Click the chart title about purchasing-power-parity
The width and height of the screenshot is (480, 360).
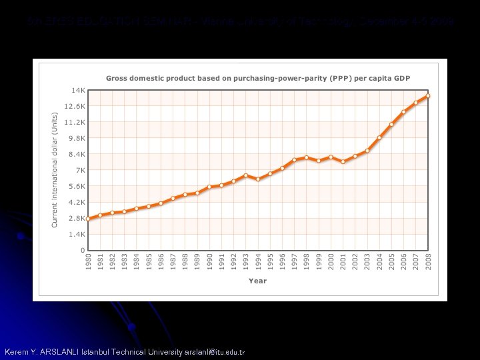click(x=257, y=78)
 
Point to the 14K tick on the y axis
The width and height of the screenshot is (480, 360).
click(x=78, y=90)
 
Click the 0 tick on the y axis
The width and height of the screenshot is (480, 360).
click(x=82, y=250)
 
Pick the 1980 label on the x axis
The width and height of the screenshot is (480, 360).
click(x=88, y=261)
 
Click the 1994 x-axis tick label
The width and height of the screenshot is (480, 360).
click(x=258, y=261)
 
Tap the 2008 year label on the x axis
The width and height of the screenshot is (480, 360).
click(x=428, y=261)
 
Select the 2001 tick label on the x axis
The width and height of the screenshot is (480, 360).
click(x=343, y=261)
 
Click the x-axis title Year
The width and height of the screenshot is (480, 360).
click(x=257, y=281)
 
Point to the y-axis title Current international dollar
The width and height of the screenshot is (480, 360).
click(x=55, y=169)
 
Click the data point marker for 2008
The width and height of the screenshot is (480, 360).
click(x=428, y=96)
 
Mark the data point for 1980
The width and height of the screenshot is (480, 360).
click(x=88, y=219)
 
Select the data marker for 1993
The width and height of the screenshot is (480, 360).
click(x=246, y=175)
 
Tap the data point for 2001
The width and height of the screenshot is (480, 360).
click(x=343, y=161)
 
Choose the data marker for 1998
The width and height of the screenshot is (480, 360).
click(x=307, y=157)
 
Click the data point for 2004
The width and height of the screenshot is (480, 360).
click(x=379, y=138)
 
